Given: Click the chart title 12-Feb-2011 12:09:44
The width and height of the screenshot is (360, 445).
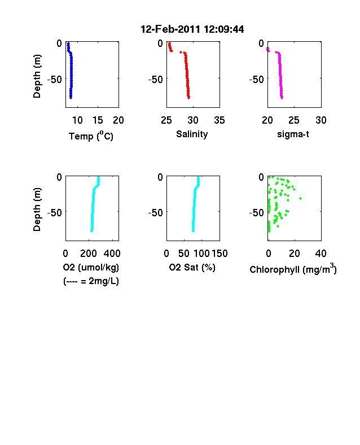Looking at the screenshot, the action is [192, 29].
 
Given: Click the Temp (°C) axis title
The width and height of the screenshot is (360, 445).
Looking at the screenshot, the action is [91, 136].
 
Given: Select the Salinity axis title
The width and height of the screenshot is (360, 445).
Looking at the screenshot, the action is [192, 134].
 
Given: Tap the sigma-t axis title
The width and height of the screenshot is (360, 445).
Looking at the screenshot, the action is [293, 134].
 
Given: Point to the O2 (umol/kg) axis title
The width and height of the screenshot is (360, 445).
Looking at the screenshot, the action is [91, 267].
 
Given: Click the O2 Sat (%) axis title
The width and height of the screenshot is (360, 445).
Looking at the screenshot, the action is [192, 267].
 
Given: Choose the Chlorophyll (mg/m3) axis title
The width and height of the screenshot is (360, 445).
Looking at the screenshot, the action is [293, 269].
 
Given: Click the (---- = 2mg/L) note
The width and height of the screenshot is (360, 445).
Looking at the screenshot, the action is [91, 281].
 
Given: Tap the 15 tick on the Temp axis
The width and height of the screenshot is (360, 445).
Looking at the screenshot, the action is [98, 120].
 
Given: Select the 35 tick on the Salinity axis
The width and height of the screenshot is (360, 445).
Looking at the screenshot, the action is [219, 120].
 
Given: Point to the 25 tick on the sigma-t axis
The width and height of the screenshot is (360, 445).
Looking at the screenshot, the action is [294, 120].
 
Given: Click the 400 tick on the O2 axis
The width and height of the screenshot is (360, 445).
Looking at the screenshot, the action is [112, 254].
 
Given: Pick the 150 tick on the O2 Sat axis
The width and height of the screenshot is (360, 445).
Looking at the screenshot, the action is [219, 254].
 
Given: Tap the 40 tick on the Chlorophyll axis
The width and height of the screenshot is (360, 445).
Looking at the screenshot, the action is [321, 254].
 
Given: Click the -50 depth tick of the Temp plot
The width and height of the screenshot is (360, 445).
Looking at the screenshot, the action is [54, 79].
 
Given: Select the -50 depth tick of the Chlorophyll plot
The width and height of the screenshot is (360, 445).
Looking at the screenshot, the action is [257, 212].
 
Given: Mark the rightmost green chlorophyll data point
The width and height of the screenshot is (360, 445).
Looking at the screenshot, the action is [301, 198].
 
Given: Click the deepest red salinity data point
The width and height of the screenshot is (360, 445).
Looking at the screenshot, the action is [189, 98].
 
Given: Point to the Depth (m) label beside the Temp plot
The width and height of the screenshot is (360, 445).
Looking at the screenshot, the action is [37, 76].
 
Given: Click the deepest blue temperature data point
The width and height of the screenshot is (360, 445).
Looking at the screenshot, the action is [71, 98].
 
